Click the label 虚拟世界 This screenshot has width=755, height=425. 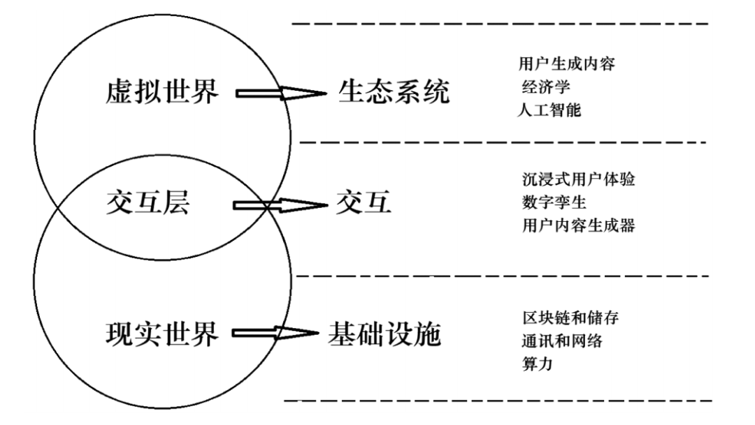click(162, 91)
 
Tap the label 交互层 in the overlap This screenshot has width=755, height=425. click(148, 202)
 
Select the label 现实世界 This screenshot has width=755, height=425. click(162, 334)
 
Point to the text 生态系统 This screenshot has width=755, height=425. click(394, 91)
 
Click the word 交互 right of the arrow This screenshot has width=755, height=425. click(364, 202)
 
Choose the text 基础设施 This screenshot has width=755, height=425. click(384, 334)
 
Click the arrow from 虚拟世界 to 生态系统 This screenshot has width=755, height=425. click(281, 93)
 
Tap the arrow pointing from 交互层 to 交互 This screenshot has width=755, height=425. click(280, 205)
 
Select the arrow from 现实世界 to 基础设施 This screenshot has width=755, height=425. click(275, 333)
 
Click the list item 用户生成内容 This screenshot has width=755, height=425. click(567, 64)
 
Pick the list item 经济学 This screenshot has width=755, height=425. click(546, 87)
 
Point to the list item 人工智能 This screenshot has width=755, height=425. click(549, 110)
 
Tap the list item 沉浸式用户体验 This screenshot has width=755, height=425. click(578, 179)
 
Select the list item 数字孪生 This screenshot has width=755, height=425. click(554, 202)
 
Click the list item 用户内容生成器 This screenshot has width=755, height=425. click(578, 225)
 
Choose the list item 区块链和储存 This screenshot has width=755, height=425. click(570, 318)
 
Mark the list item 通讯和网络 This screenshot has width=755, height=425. click(562, 341)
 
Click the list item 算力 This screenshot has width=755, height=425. click(538, 364)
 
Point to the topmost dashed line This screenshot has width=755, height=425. click(501, 23)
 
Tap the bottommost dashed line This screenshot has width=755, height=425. click(498, 400)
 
